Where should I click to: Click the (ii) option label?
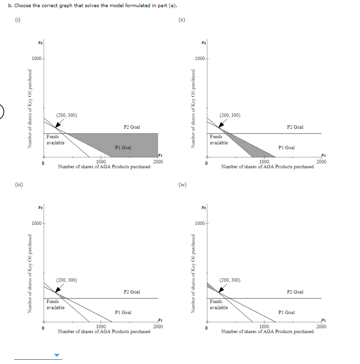tap(181, 20)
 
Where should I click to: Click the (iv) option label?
tap(181, 184)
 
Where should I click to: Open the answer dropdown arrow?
tap(57, 355)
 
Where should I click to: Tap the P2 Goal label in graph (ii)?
tap(295, 127)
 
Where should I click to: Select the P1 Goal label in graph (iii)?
tap(123, 312)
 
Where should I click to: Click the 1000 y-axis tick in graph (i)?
tap(36, 59)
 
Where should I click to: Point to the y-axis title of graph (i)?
tap(30, 109)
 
